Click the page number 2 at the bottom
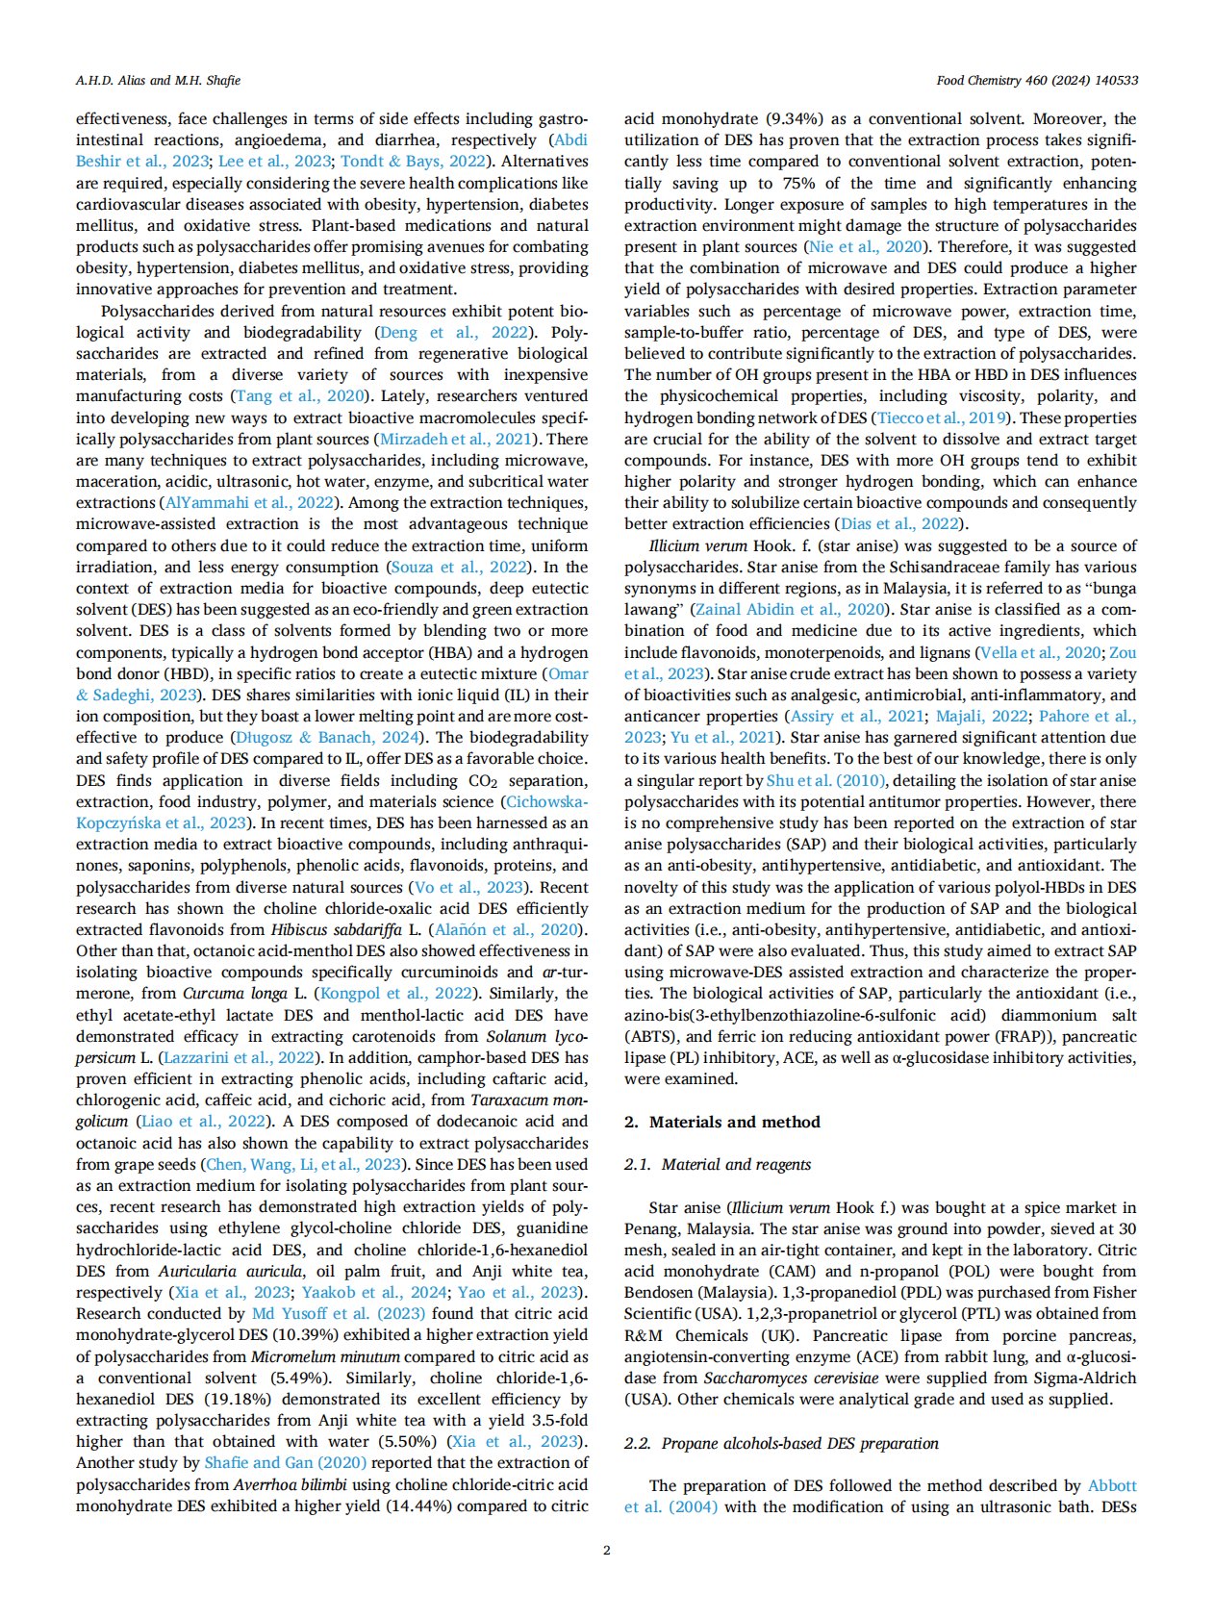(x=606, y=1550)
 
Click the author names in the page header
(x=158, y=80)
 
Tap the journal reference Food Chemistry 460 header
(x=1037, y=80)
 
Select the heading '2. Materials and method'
(x=721, y=1122)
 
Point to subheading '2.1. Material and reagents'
(x=717, y=1164)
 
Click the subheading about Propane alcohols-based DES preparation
(x=781, y=1443)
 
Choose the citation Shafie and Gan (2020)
(x=286, y=1462)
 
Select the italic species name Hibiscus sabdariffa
(x=338, y=929)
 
